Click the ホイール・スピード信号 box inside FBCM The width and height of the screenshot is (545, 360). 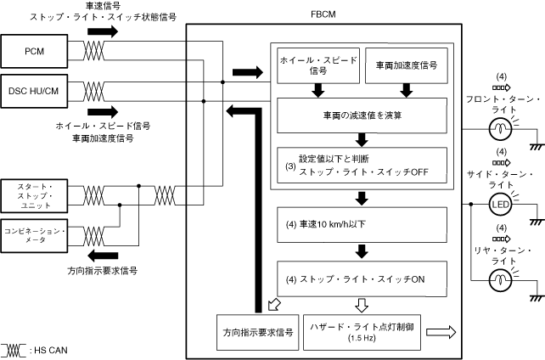tap(317, 65)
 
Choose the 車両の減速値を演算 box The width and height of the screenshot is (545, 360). tap(362, 115)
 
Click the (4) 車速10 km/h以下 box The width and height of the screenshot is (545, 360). tap(362, 223)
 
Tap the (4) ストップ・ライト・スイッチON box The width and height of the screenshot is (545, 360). tap(362, 277)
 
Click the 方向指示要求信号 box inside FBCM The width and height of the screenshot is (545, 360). tap(256, 332)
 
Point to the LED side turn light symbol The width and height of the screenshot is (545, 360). tap(498, 205)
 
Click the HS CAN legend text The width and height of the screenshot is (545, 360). tap(50, 350)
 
